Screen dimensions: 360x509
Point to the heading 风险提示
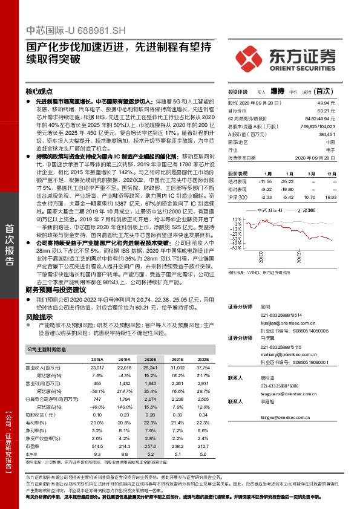click(x=39, y=316)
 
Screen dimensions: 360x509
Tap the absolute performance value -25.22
click(x=287, y=181)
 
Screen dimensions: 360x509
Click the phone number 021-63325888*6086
click(x=280, y=385)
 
